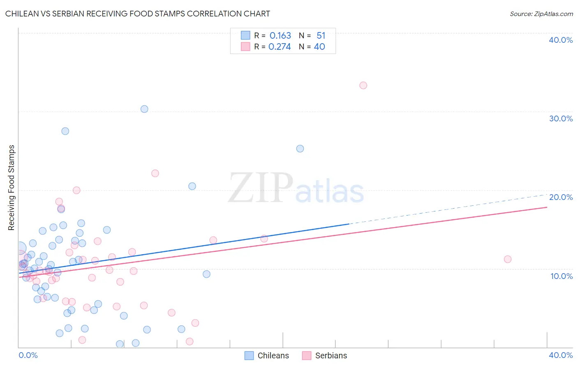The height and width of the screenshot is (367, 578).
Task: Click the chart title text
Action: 138,14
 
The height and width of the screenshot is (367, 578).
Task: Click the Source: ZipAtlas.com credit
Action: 541,14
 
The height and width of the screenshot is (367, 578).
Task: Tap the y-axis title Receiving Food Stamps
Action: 12,188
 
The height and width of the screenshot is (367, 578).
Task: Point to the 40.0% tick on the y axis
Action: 561,40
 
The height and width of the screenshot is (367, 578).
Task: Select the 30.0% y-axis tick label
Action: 561,118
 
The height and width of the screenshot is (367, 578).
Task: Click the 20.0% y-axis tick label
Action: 561,197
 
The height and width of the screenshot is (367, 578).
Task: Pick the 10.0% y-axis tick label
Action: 562,276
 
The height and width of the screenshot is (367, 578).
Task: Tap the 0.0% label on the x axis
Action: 28,355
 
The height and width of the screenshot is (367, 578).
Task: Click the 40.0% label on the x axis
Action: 561,355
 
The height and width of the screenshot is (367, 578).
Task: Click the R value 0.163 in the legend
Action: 280,36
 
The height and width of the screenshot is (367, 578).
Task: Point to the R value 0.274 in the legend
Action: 280,47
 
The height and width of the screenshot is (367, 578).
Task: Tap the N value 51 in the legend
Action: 321,36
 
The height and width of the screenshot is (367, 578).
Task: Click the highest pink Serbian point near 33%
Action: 363,86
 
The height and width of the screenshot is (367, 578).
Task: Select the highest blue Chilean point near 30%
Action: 144,109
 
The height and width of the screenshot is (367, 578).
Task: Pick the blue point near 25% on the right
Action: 300,149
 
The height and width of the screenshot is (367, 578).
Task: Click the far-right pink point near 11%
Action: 508,259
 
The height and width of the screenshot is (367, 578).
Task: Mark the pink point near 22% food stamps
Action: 155,173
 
